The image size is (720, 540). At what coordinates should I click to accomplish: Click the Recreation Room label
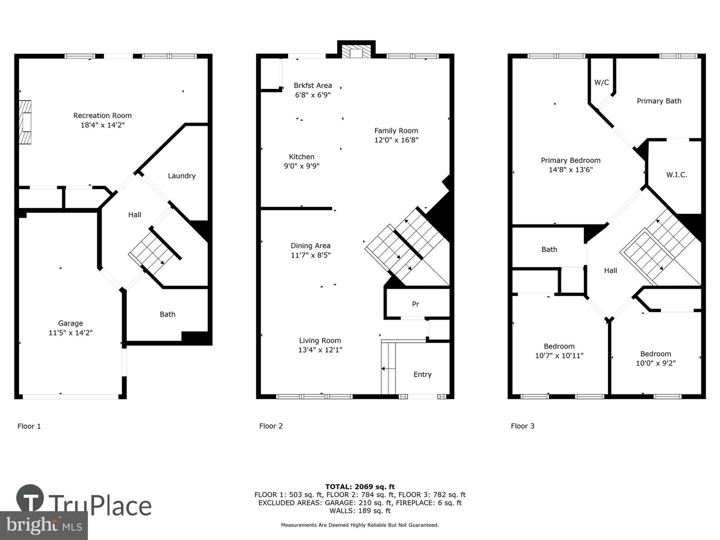coord(102,115)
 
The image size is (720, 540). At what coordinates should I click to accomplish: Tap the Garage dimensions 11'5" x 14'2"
coord(70,332)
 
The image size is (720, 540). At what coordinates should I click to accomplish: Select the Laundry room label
coord(181,176)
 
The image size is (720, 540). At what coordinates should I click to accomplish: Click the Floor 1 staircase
coord(155,250)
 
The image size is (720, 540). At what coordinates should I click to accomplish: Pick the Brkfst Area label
coord(312,85)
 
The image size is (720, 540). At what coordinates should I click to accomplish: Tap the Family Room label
coord(396,131)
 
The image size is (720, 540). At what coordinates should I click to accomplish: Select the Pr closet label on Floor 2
coord(415,304)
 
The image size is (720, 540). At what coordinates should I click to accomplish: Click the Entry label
coord(422,374)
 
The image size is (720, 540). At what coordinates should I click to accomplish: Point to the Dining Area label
coord(310,245)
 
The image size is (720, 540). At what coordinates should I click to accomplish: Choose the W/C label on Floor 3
coord(601,82)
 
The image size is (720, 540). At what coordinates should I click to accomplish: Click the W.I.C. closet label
coord(676,175)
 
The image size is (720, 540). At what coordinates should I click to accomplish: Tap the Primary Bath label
coord(659,101)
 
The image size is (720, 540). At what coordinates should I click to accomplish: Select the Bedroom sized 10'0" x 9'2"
coord(655,358)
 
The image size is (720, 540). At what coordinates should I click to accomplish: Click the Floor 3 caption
coord(522,426)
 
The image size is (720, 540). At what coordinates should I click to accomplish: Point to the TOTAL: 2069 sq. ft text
coord(360,486)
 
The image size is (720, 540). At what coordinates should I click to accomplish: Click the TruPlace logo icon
coord(30,498)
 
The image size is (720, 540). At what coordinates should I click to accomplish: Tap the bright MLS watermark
coord(44,525)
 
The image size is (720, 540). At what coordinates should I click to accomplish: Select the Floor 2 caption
coord(271,426)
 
